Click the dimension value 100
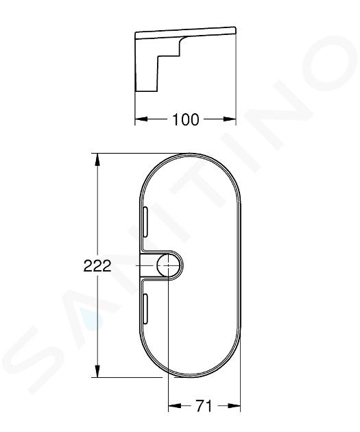[185, 119]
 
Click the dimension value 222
[97, 266]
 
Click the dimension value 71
[204, 406]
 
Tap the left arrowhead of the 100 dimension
[141, 119]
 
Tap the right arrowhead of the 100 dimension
[230, 119]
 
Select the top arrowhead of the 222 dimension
[97, 160]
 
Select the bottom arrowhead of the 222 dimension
[97, 371]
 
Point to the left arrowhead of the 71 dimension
[175, 405]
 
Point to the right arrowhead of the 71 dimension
[234, 405]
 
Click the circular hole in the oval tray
[168, 265]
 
